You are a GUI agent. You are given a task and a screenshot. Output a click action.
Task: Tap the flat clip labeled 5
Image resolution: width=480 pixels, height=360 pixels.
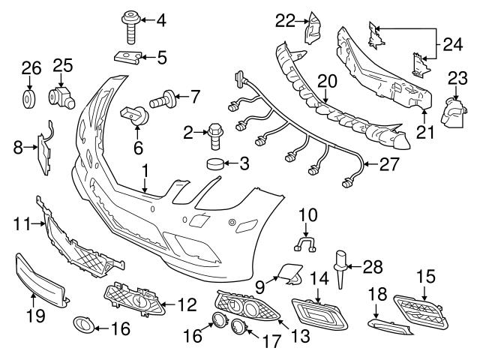(128, 55)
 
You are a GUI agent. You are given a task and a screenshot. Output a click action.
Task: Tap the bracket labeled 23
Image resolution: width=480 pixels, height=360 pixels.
(451, 112)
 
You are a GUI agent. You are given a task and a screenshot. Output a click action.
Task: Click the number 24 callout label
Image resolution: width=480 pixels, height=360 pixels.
(451, 44)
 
